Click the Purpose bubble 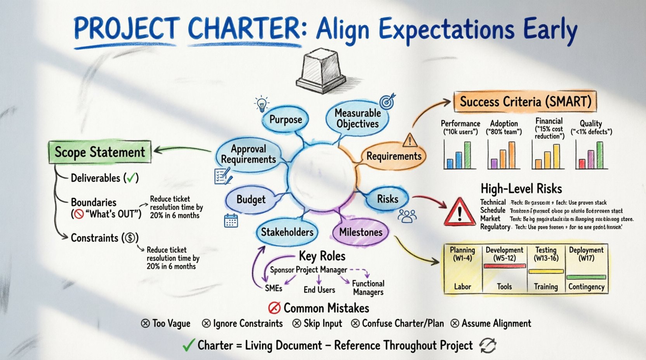(285, 119)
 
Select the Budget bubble (251, 199)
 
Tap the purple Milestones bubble (361, 232)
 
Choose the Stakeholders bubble (287, 232)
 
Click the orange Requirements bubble (394, 156)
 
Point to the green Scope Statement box (100, 152)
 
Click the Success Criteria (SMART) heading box (525, 102)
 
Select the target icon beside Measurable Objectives (387, 101)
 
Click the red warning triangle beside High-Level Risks (460, 212)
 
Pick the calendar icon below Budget (231, 220)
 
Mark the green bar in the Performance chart (467, 155)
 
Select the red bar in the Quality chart (582, 163)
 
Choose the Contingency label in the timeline (586, 287)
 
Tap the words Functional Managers (368, 288)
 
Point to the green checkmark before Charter (189, 345)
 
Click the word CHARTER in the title (244, 28)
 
